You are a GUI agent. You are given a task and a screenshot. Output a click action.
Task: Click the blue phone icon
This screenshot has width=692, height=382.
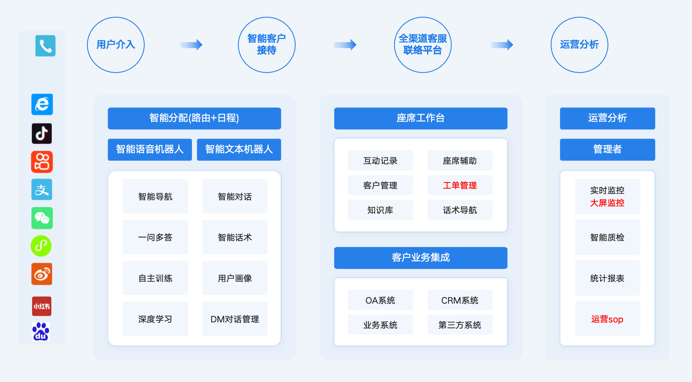tap(45, 46)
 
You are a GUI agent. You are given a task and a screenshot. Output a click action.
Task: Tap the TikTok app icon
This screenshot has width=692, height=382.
tap(42, 133)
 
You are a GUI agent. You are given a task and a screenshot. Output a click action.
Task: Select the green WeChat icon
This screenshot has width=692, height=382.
tap(42, 218)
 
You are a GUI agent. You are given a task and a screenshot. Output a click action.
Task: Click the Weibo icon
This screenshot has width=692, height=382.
tap(42, 274)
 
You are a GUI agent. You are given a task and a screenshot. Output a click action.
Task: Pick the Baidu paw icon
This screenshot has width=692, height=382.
tap(41, 331)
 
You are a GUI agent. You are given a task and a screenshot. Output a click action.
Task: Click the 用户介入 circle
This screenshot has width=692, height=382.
tap(116, 45)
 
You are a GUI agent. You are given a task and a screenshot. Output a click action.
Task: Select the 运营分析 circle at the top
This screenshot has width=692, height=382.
tap(579, 45)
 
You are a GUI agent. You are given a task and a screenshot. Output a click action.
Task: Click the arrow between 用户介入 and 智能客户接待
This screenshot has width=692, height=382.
tap(191, 45)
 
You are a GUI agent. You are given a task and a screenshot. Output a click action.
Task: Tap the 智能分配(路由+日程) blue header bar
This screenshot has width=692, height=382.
tap(194, 118)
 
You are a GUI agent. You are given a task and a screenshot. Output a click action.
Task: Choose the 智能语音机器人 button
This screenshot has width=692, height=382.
tap(150, 150)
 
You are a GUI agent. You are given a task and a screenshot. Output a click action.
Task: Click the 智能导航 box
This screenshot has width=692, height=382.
tap(155, 196)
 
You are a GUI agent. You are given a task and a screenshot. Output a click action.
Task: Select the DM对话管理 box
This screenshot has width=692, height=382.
tap(235, 319)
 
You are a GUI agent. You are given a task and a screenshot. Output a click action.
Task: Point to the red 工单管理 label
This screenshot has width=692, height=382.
tap(460, 185)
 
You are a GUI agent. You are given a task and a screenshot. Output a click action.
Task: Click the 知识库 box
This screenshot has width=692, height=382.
tap(380, 210)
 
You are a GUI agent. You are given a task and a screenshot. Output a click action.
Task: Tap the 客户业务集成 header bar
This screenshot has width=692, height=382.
tap(421, 258)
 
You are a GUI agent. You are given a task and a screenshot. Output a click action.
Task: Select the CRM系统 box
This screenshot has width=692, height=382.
tap(460, 300)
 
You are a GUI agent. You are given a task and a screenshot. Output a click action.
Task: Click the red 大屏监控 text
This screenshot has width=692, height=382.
tap(607, 203)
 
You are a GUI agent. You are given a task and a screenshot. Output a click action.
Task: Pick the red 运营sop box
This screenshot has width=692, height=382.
tap(607, 319)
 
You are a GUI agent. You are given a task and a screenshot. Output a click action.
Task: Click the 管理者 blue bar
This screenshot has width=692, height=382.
tap(607, 150)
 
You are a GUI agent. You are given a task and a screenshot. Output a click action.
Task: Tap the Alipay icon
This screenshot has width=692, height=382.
tap(42, 189)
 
